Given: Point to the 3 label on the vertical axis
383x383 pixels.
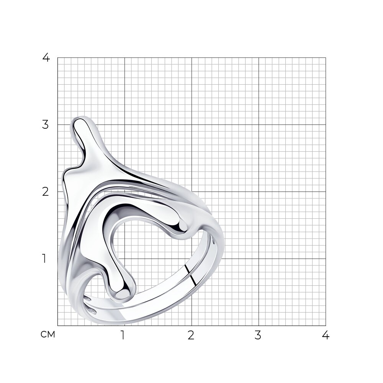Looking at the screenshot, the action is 46,124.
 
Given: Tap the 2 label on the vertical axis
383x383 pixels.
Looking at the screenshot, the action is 46,192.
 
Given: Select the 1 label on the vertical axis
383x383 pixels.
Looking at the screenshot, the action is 44,259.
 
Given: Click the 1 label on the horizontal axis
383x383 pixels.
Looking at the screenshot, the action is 123,336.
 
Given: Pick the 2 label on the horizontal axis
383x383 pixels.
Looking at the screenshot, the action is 191,336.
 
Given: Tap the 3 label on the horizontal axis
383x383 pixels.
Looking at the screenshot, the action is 258,336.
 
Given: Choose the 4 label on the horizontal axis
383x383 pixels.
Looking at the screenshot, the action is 326,336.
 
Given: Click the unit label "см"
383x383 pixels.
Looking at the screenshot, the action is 48,334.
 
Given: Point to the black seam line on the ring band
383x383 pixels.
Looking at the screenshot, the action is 190,275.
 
